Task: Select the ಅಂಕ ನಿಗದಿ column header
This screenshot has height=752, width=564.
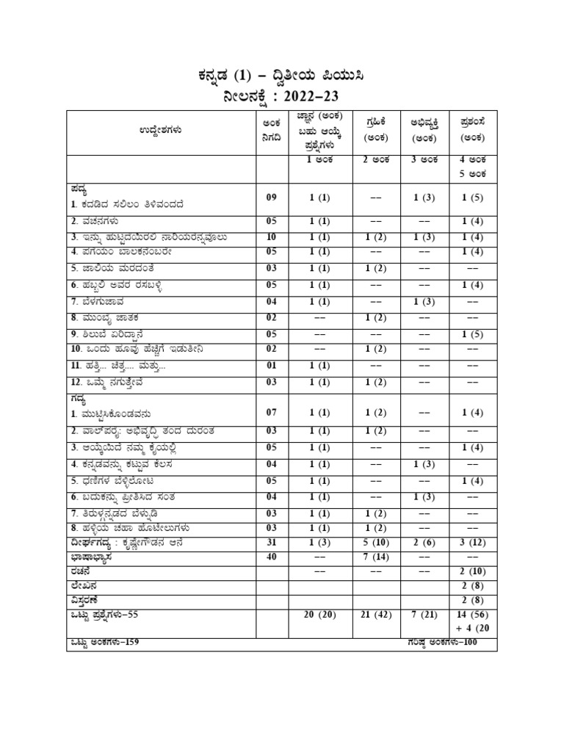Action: [x=267, y=130]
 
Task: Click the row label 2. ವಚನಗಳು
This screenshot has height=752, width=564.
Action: [x=95, y=221]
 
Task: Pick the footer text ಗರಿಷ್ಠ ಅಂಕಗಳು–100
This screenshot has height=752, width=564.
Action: [x=449, y=642]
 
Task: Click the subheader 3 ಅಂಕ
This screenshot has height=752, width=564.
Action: [x=424, y=159]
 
